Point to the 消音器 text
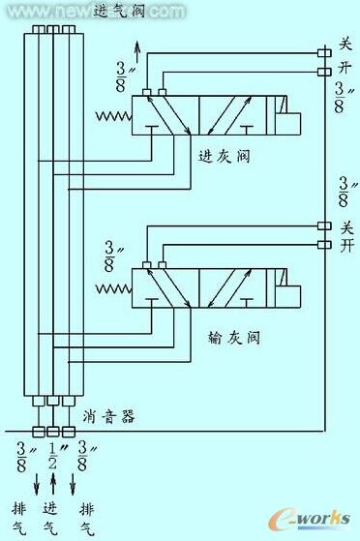click(108, 416)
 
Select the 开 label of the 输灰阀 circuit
click(345, 248)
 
